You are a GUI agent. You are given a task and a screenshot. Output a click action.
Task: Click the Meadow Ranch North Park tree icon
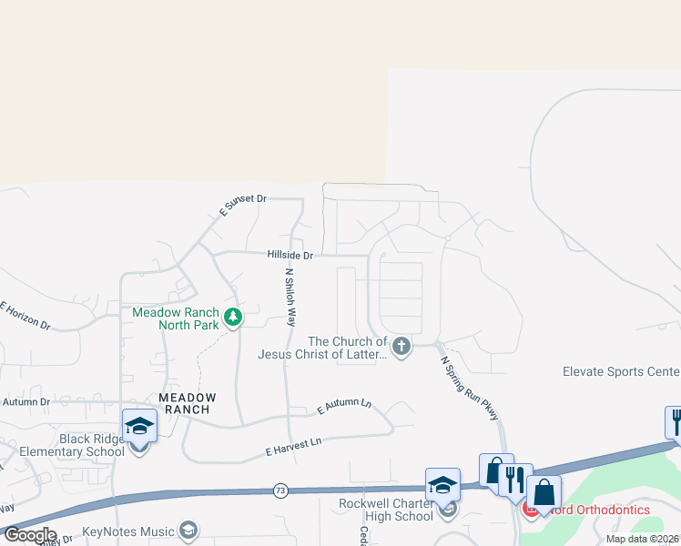pyautogui.click(x=234, y=318)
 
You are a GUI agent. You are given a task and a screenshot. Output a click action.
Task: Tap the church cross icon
pyautogui.click(x=401, y=346)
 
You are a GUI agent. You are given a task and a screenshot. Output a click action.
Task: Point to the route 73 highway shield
pyautogui.click(x=280, y=491)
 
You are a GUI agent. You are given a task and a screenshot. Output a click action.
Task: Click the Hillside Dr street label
pyautogui.click(x=290, y=256)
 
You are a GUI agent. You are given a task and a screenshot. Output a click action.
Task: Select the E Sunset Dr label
pyautogui.click(x=242, y=205)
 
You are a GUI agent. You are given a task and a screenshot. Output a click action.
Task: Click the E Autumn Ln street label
pyautogui.click(x=344, y=407)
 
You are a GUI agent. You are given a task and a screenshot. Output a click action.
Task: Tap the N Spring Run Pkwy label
pyautogui.click(x=470, y=388)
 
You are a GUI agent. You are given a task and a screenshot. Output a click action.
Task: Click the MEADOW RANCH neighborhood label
pyautogui.click(x=188, y=403)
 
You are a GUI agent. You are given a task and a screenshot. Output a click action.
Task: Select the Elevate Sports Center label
pyautogui.click(x=621, y=371)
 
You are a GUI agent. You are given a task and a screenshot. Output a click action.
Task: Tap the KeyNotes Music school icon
pyautogui.click(x=188, y=531)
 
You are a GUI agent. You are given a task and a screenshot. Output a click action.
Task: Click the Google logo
pyautogui.click(x=30, y=535)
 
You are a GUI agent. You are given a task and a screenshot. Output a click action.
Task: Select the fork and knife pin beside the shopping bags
pyautogui.click(x=515, y=480)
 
